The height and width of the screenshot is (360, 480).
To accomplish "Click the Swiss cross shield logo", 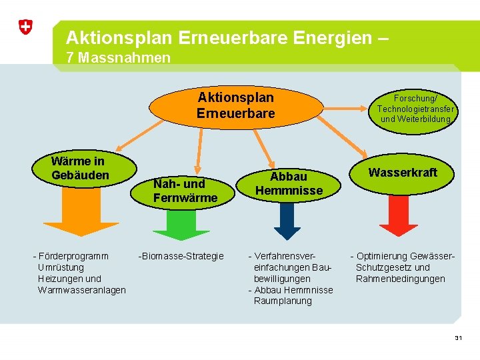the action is click(x=25, y=27).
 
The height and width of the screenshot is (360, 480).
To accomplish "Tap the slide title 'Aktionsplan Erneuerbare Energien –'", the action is click(x=227, y=37).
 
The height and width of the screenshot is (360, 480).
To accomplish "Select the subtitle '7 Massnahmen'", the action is click(x=119, y=58).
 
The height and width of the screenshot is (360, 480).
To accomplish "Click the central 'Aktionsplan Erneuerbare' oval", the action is click(x=235, y=105).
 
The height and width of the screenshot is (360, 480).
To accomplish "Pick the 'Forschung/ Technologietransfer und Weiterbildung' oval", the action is click(x=415, y=107).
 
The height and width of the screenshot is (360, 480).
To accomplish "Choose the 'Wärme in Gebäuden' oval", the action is click(x=80, y=169).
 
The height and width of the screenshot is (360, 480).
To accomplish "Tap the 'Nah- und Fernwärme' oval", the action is click(x=185, y=190).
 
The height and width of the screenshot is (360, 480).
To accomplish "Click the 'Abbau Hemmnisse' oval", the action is click(x=288, y=183).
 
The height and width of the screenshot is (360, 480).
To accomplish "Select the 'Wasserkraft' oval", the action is click(x=403, y=173).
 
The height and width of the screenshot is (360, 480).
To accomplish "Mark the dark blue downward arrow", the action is click(x=287, y=220).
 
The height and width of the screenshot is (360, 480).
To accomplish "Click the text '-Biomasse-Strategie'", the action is click(x=181, y=256).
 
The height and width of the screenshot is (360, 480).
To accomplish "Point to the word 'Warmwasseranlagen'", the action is click(x=81, y=290).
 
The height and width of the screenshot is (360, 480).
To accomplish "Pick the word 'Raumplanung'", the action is click(x=283, y=301).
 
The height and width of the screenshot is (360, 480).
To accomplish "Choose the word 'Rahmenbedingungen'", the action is click(x=400, y=279).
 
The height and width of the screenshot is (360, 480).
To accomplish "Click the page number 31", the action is click(x=458, y=338).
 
